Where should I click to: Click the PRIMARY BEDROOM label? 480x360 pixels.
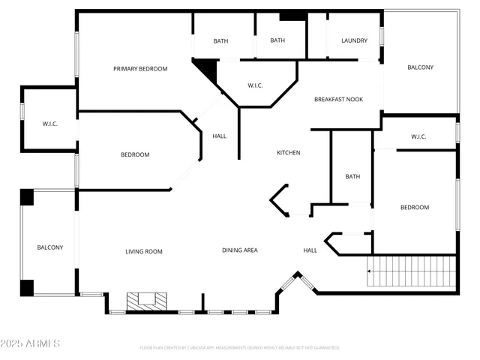[x=140, y=69]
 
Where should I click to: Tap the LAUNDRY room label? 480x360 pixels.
[x=354, y=40]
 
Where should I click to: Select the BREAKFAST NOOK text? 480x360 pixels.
[x=338, y=99]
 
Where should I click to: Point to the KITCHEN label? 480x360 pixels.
[x=289, y=153]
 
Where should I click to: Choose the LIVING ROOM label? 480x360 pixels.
[x=144, y=251]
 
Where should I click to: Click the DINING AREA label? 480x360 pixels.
[x=240, y=250]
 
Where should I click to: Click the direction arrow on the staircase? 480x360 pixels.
[x=369, y=271]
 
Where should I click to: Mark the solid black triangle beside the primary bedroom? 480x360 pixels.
[x=208, y=70]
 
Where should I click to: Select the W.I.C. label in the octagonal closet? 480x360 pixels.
[x=255, y=85]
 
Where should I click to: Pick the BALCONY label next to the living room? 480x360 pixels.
[x=50, y=247]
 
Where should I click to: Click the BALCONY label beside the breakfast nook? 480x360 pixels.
[x=420, y=67]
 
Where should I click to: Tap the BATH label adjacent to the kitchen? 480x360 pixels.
[x=352, y=177]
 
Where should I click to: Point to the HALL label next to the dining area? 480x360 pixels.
[x=310, y=250]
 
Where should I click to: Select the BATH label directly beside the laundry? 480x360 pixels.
[x=277, y=40]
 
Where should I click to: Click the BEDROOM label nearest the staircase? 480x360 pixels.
[x=414, y=208]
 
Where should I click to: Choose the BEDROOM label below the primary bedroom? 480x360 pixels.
[x=135, y=155]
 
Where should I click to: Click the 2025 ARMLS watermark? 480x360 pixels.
[x=31, y=343]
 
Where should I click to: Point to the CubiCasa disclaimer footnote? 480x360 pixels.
[x=239, y=348]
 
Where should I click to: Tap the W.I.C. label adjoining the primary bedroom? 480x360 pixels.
[x=50, y=124]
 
